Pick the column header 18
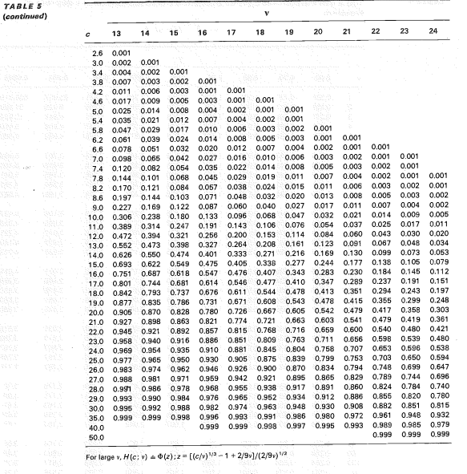260,31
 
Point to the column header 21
347,31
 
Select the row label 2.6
98,52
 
